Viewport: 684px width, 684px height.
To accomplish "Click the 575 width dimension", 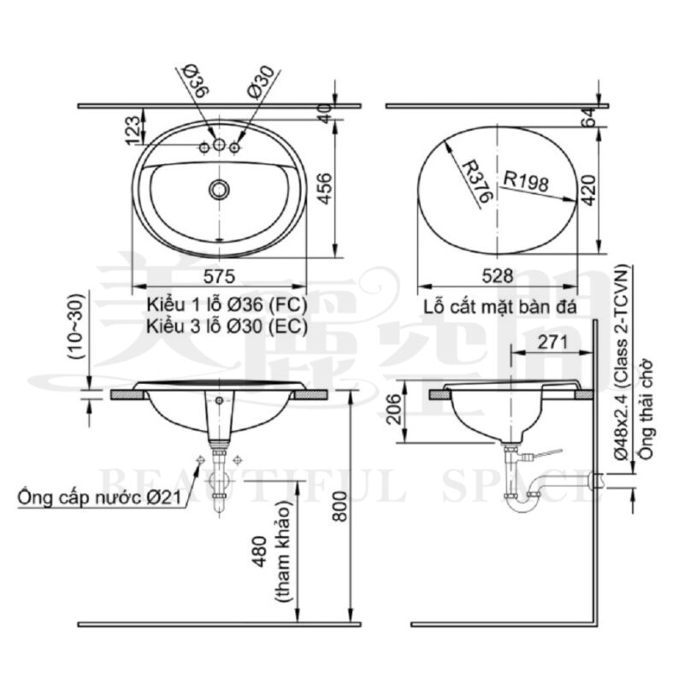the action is point(220,276).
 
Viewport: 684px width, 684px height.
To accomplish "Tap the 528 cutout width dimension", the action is point(498,276).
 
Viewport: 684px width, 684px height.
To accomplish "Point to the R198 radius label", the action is point(526,181).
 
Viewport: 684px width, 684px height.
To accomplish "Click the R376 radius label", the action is point(477,181).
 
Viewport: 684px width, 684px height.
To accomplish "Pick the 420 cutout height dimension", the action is point(589,190).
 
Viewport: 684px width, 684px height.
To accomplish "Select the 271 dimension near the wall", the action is point(552,343).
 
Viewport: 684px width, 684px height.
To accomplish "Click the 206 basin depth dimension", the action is point(394,409).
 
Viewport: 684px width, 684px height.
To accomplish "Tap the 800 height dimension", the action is point(339,506).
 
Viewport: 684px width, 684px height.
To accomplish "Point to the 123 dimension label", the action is point(133,130).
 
